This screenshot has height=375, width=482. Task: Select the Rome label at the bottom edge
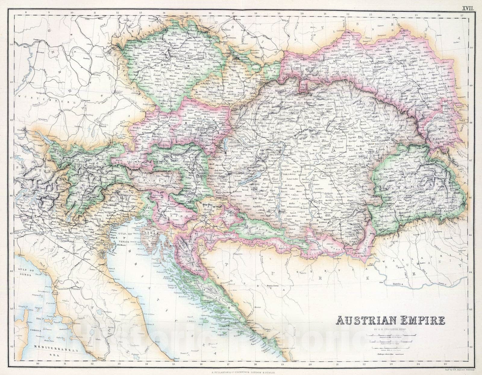coord(100,357)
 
